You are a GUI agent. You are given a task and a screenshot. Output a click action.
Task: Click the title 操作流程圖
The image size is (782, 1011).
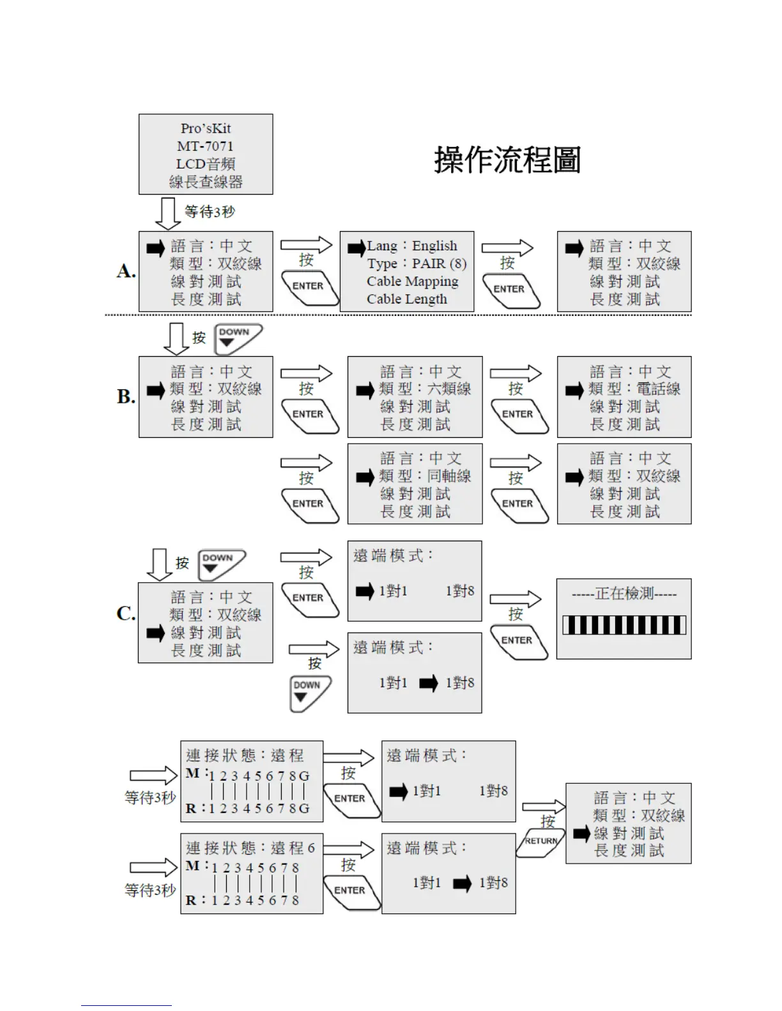point(507,160)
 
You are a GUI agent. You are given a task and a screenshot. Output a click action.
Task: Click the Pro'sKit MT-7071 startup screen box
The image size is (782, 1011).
point(206,154)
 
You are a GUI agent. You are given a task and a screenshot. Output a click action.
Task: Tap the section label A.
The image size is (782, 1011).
point(126,271)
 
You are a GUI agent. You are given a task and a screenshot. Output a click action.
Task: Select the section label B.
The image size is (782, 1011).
point(126,396)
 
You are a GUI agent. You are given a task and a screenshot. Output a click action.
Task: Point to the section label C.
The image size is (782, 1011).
point(126,613)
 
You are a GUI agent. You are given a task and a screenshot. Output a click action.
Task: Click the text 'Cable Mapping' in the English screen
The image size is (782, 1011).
point(412,281)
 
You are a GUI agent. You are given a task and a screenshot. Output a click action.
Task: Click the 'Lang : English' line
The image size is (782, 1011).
point(412,246)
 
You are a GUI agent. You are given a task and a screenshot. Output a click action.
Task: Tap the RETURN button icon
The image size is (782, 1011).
point(540,841)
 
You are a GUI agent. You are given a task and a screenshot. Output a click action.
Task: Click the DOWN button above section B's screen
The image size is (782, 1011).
point(238,338)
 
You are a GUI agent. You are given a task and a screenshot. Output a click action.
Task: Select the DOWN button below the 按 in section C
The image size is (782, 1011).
point(309,693)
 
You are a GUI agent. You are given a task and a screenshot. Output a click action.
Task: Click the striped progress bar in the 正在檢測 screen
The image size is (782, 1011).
point(624,625)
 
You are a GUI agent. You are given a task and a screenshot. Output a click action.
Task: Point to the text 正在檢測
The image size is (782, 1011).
point(624,594)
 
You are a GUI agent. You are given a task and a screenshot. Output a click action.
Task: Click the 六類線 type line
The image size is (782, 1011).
point(425,389)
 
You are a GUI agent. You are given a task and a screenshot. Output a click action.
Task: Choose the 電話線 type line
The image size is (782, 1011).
point(634,389)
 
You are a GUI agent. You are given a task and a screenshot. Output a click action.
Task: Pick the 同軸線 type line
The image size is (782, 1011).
point(425,476)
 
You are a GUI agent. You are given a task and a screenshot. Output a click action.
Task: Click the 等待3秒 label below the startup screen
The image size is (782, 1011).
point(210,212)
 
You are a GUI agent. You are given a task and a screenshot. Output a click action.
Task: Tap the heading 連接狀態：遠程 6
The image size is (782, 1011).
point(250,848)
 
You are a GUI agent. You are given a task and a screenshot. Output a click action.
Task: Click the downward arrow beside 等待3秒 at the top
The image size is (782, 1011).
point(168,213)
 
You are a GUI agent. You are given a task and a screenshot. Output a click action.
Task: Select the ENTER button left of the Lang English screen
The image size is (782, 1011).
point(309,287)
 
